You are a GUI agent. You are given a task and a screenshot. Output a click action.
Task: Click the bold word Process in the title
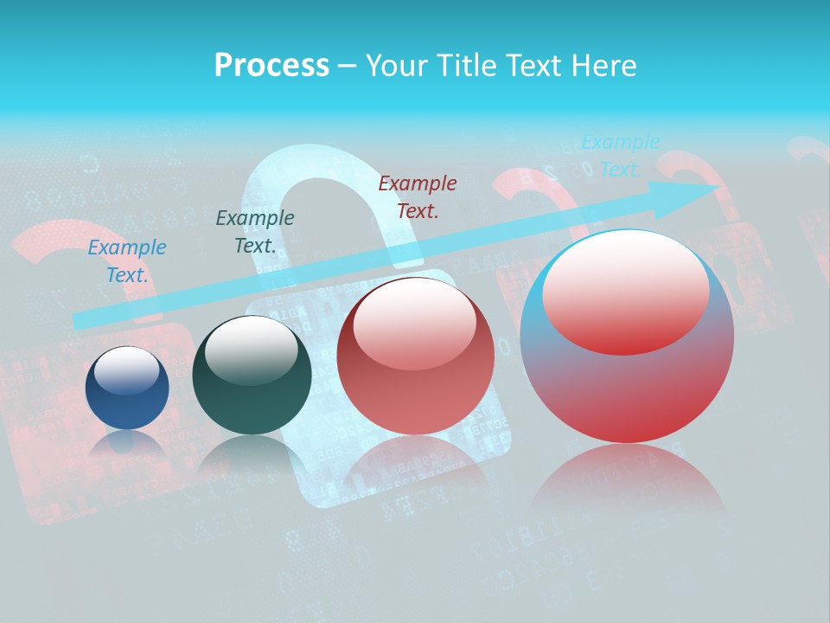[271, 65]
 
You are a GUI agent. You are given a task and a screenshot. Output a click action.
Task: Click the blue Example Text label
[127, 260]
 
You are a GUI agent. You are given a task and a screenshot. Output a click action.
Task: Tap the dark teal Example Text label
[254, 231]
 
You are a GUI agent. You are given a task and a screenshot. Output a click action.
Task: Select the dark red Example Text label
[418, 196]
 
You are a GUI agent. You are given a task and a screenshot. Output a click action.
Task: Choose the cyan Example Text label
[620, 156]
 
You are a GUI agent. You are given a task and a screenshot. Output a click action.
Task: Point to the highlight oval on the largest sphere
[626, 292]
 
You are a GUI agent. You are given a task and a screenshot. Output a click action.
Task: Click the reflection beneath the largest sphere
[627, 485]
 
